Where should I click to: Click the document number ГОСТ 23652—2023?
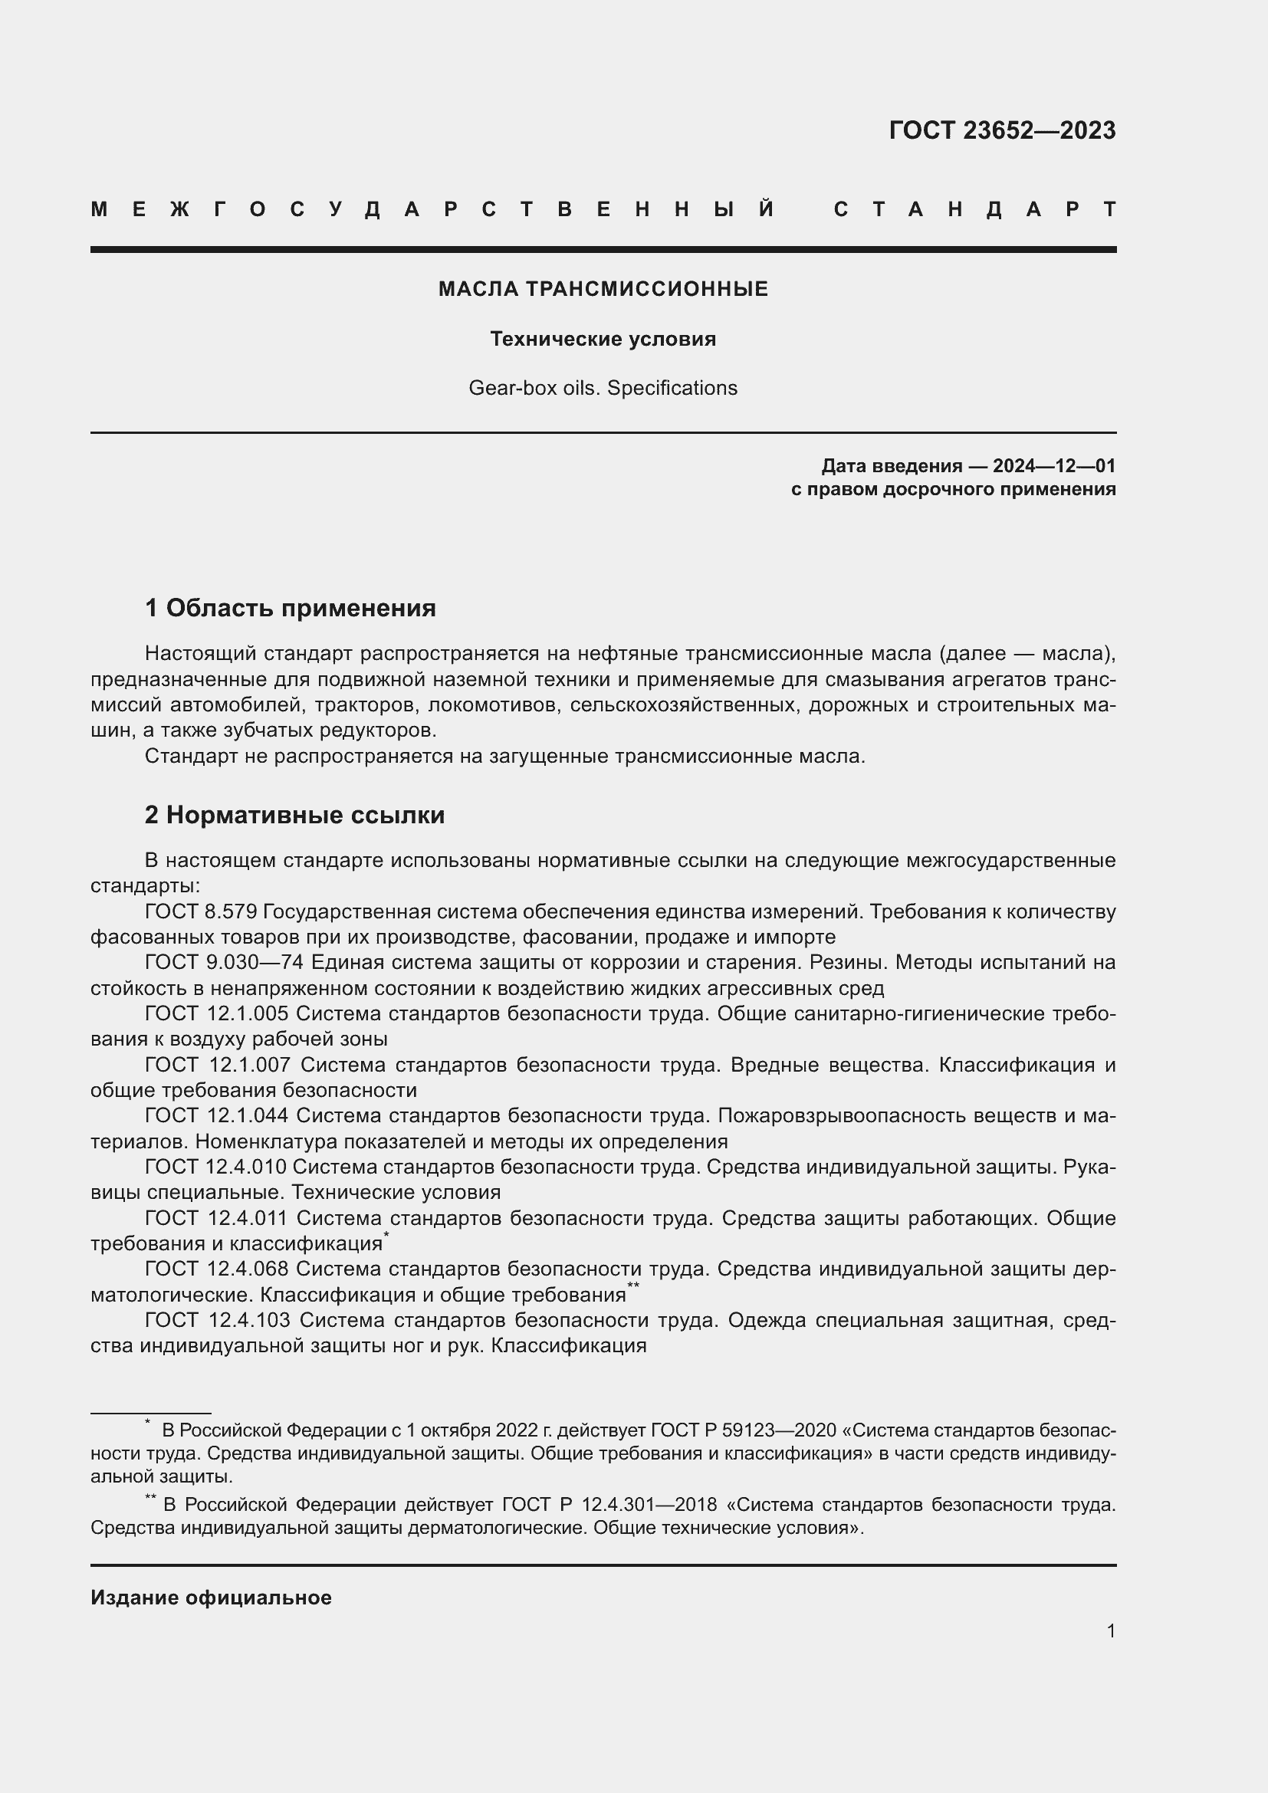[1002, 130]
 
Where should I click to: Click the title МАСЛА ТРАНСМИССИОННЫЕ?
[603, 289]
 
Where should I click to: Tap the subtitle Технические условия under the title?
[603, 339]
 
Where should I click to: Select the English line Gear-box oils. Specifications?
[603, 388]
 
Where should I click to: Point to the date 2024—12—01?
[1053, 466]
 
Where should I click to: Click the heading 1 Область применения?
[291, 608]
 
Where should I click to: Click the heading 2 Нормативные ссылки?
[294, 816]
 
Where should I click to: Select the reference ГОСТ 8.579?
[201, 912]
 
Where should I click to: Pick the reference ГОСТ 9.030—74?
[223, 963]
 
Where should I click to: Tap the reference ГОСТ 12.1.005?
[216, 1013]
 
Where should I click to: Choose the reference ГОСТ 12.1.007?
[218, 1066]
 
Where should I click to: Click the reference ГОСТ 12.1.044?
[216, 1116]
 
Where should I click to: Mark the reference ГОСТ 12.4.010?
[215, 1167]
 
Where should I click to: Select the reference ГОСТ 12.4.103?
[218, 1320]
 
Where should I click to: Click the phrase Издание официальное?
[211, 1597]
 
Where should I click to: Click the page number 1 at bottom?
[1110, 1630]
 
